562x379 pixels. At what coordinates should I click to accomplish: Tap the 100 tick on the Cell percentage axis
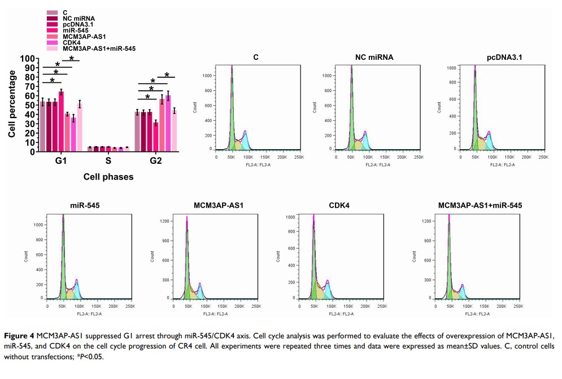point(28,59)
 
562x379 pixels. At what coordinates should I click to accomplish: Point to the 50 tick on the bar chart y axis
point(30,106)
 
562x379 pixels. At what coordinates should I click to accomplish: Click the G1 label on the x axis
point(60,162)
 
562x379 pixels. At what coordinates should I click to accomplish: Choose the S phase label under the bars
point(108,162)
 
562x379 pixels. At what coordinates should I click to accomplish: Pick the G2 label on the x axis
point(156,162)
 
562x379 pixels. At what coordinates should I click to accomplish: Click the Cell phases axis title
point(108,177)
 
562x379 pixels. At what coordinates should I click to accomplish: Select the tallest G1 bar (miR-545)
point(61,121)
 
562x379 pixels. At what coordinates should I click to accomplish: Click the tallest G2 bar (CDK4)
point(168,123)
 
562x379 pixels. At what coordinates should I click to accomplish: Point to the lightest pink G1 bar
point(80,128)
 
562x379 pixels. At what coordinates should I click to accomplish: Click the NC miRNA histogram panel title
point(374,58)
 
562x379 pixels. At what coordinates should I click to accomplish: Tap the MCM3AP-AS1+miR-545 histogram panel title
point(480,205)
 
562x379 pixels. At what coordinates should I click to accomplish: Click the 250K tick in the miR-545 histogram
point(130,306)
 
